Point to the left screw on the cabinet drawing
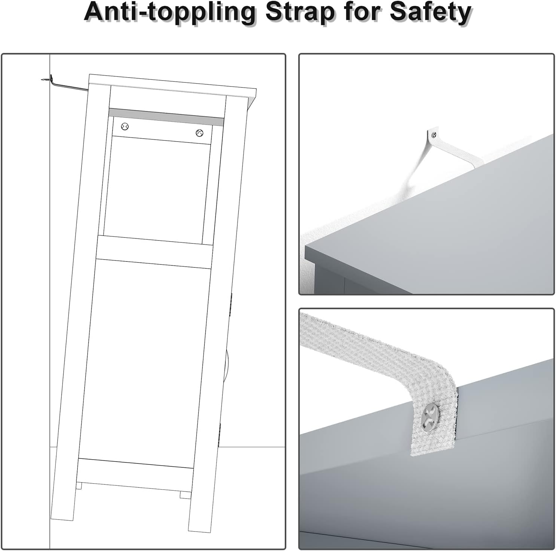click(125, 127)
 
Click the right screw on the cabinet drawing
click(199, 133)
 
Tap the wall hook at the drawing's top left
click(46, 79)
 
